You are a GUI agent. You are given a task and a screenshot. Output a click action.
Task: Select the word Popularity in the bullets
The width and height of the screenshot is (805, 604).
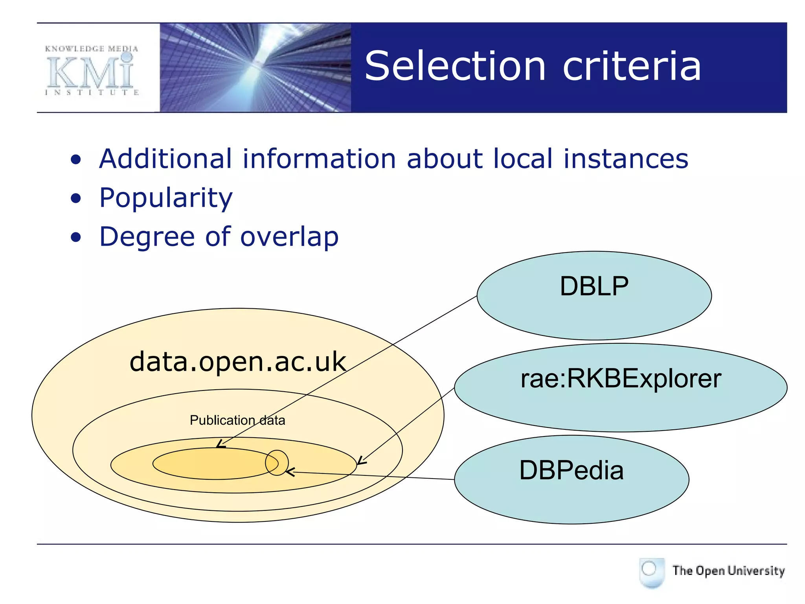coord(166,198)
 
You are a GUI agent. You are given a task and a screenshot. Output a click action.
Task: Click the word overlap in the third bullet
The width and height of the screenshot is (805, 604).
coord(289,237)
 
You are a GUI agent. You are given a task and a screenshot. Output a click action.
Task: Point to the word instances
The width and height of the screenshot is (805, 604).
coord(626,159)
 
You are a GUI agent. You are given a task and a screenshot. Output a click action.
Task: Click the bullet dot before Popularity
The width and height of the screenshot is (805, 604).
coord(76,199)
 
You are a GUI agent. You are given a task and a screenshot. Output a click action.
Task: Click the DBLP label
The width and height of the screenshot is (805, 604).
coord(594,286)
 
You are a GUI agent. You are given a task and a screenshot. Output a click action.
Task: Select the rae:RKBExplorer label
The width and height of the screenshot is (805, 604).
coord(621,379)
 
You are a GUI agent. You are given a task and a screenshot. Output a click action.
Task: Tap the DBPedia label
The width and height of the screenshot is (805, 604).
coord(571,470)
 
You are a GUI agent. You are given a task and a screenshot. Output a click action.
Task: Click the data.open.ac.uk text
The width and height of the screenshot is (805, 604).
coord(237,362)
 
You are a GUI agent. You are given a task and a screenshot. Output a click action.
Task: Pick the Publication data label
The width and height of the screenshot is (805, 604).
coord(237,420)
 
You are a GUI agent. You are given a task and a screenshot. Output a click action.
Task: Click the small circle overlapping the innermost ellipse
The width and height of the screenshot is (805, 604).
coord(277,463)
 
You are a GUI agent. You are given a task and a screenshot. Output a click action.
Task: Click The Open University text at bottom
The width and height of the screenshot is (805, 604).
coord(728,571)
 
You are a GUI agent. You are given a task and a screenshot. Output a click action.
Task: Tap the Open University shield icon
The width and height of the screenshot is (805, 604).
coord(651,572)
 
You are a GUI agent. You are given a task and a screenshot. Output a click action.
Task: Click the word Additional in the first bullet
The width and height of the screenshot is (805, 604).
coord(165,159)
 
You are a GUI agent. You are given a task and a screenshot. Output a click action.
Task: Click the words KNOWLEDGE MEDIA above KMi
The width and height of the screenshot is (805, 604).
coord(92,49)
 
